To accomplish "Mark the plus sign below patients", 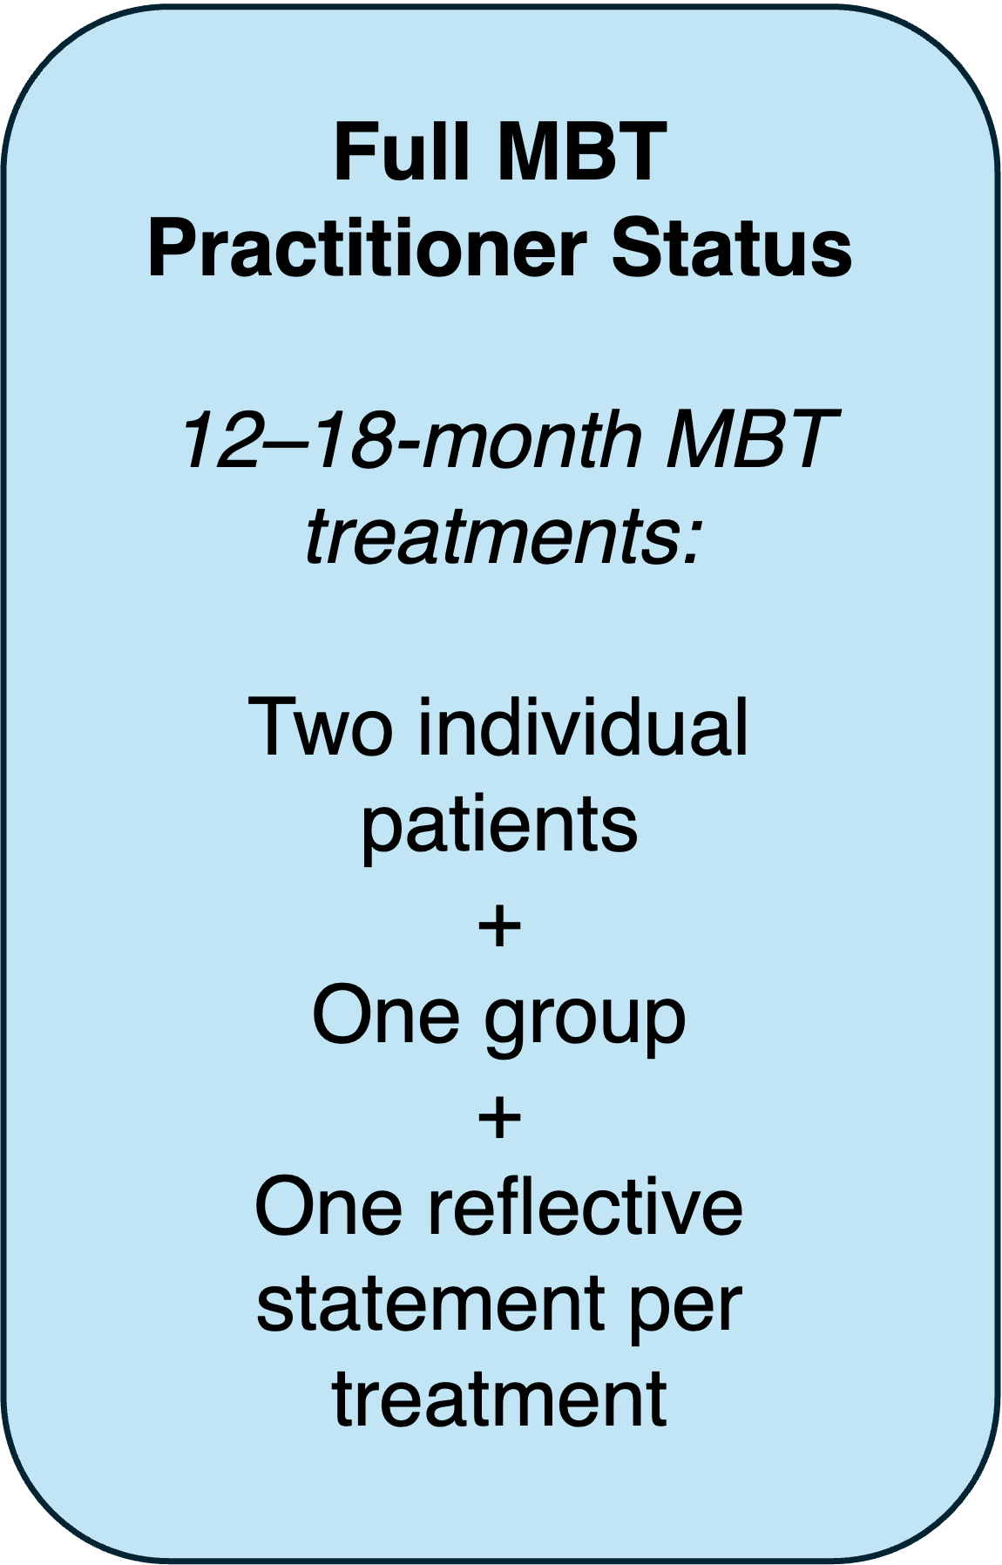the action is tap(500, 927).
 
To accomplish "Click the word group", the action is tap(585, 1021).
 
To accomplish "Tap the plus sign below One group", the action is tap(500, 1118).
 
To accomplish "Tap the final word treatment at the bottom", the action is tap(499, 1399).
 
